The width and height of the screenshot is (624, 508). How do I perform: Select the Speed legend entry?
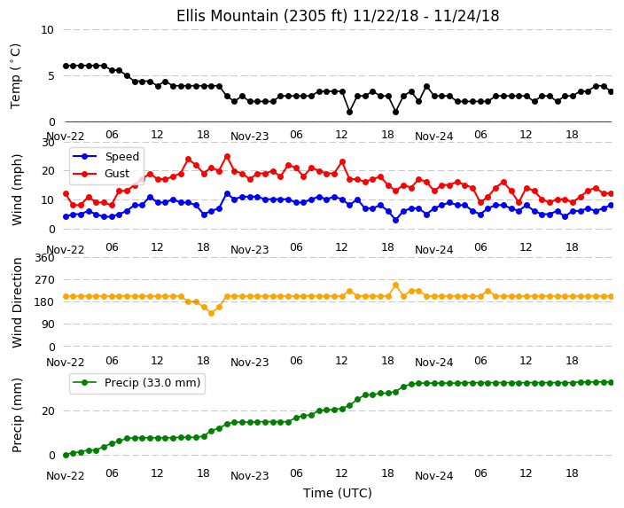point(105,156)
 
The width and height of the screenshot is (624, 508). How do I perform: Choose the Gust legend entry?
point(102,174)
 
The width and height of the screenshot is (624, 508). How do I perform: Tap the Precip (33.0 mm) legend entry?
point(136,383)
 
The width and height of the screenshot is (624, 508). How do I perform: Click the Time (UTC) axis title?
point(338,493)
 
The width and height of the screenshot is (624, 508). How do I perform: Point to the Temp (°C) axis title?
point(15,75)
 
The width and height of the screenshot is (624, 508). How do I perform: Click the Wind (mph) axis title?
point(17,190)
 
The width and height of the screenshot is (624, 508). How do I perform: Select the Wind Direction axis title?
point(17,302)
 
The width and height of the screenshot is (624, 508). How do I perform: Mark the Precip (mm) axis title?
point(17,415)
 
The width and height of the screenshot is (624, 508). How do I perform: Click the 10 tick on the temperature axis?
point(47,30)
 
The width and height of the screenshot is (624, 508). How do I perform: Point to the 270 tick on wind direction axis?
point(45,280)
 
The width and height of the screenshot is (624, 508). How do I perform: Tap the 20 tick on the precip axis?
point(48,410)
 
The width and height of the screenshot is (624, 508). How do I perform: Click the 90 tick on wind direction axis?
point(48,324)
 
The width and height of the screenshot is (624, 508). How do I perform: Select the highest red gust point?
point(227,157)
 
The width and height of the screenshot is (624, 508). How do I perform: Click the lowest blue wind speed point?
point(395,220)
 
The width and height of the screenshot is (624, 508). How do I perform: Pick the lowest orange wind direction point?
point(211,313)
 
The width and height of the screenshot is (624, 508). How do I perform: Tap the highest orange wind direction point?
point(395,285)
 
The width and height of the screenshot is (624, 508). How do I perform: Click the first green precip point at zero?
point(66,455)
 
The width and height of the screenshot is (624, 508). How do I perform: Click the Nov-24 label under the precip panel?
point(433,476)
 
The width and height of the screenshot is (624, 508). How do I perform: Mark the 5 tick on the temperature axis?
point(51,75)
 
